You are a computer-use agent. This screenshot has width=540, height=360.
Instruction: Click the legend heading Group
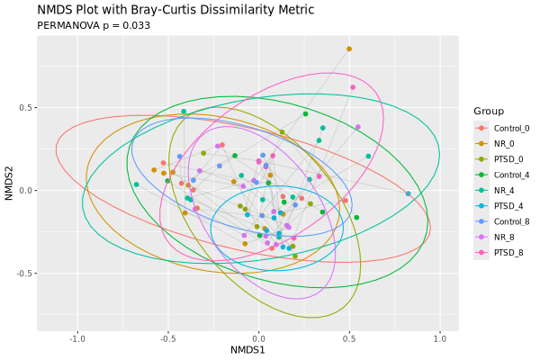(488, 111)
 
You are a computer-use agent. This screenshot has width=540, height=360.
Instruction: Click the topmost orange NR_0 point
(349, 49)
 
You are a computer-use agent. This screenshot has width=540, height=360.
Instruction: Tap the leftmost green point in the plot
(136, 184)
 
